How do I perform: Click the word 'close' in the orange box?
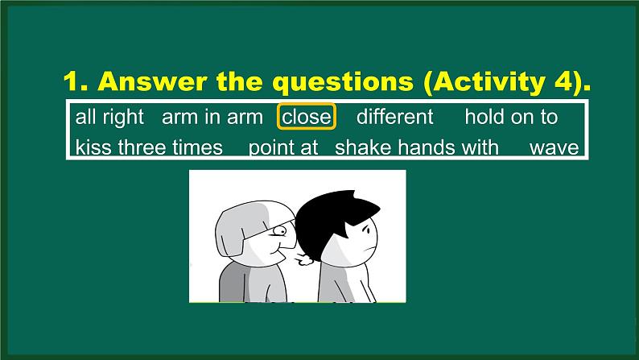coord(306,117)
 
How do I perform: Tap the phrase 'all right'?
coord(109,117)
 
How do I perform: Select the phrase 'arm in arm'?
coord(212,117)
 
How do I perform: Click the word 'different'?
coord(394,117)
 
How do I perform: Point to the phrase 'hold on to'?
coord(511,117)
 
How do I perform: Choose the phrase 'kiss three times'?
coord(149,147)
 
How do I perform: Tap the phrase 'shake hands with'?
coord(417,147)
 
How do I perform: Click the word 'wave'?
coord(554,147)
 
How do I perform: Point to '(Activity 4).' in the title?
coord(512,82)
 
